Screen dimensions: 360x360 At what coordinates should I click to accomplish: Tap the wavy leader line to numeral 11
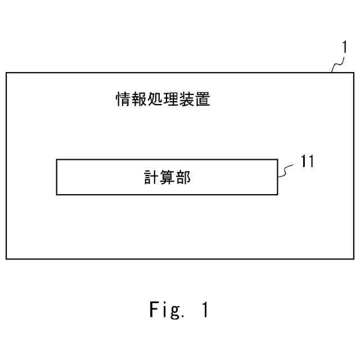point(286,170)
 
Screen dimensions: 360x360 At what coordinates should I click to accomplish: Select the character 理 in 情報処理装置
point(171,101)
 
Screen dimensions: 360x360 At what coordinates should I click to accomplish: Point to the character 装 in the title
point(187,101)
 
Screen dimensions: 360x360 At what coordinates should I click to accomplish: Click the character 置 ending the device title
point(203,101)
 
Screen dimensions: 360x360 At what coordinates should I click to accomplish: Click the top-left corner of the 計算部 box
point(57,160)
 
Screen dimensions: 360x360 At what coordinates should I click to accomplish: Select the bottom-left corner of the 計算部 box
point(57,195)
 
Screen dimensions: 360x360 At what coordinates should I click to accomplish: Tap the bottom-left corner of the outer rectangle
point(6,259)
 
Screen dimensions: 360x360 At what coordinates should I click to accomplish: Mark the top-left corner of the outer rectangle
point(6,73)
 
